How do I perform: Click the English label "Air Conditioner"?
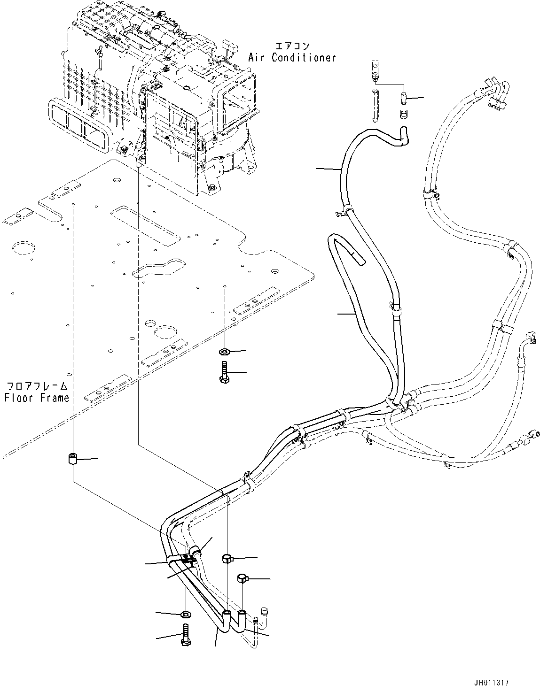coord(292,58)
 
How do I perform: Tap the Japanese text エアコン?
coord(292,46)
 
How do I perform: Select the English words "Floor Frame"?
coord(37,398)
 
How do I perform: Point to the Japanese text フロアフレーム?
coord(37,386)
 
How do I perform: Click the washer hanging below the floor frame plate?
coord(224,351)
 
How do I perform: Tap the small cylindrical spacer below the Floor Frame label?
coord(73,459)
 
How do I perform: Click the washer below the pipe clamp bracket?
coord(186,614)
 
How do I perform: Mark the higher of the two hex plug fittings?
coord(227,558)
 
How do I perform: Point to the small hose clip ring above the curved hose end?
coord(403,114)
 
